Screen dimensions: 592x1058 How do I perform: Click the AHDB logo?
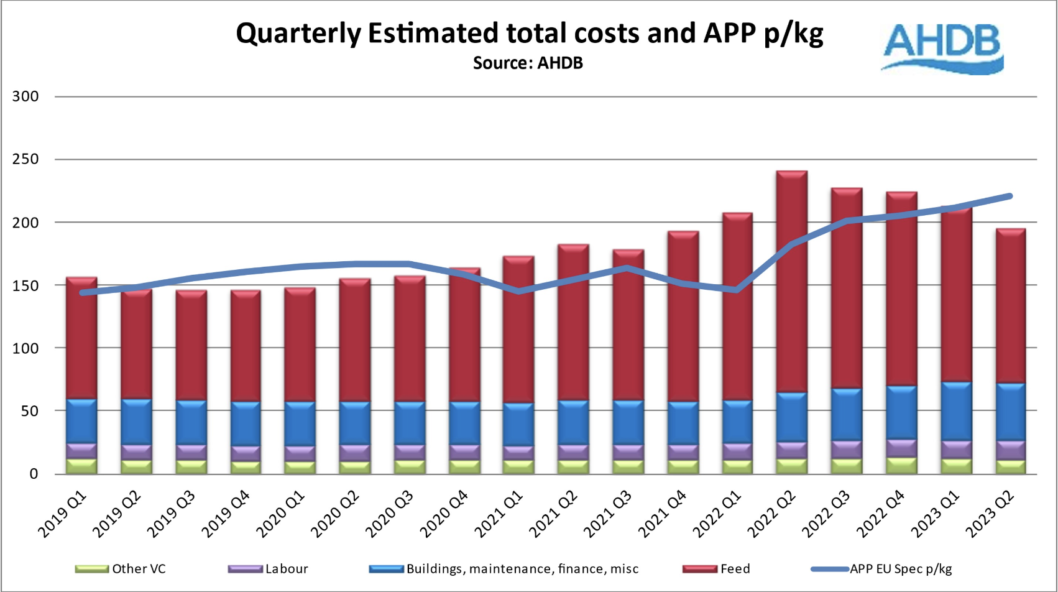[942, 49]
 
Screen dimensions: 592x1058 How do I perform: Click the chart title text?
[529, 33]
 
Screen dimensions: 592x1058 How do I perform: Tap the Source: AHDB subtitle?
[528, 63]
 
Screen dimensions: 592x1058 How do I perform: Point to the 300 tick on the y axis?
[25, 96]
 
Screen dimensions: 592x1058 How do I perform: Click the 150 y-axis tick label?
[25, 285]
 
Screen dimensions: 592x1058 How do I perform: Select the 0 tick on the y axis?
[34, 474]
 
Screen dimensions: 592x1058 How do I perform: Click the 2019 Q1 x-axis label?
[63, 514]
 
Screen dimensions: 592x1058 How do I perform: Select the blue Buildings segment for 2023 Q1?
[956, 411]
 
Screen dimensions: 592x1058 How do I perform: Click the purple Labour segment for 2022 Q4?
[901, 448]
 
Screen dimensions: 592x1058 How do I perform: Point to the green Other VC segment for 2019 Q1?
[81, 466]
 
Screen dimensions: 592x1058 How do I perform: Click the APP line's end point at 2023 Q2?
[1010, 197]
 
